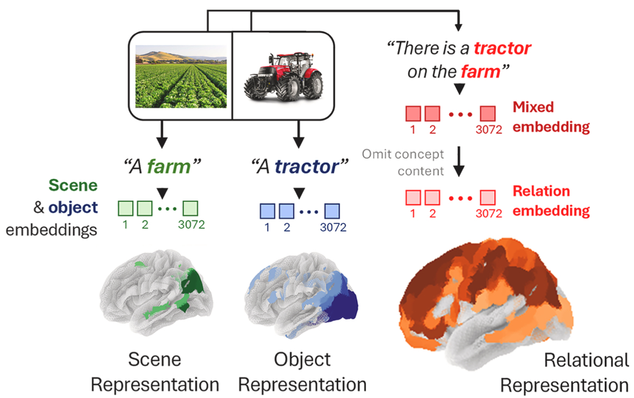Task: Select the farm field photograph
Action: pos(181,76)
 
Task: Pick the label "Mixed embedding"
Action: pos(551,117)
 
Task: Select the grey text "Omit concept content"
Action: pos(402,163)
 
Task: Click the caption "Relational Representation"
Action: pos(564,372)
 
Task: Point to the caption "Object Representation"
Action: pos(302,372)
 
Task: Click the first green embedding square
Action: pos(126,208)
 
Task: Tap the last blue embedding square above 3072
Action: pos(332,210)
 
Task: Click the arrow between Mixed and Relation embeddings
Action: pos(459,163)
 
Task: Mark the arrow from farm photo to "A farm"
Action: pos(161,136)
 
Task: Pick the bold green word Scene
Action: pos(73,185)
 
